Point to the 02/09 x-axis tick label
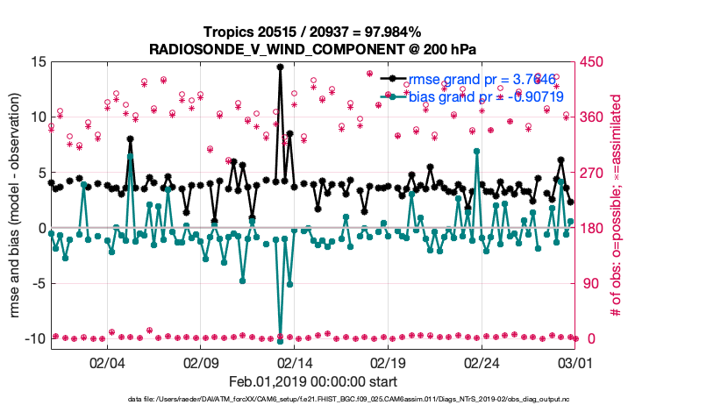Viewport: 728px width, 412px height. pos(201,362)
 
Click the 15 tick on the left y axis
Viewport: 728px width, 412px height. pos(38,61)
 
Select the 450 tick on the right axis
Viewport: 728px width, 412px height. pos(598,61)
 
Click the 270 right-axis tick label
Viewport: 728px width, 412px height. pos(598,173)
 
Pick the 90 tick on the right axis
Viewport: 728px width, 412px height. pos(595,283)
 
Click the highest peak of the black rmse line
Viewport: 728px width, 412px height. pos(280,67)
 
